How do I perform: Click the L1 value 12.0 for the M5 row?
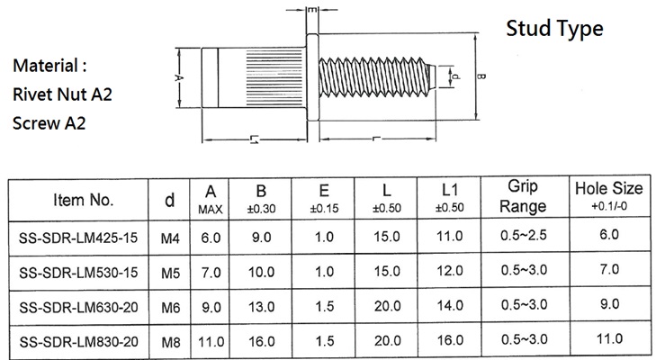(x=450, y=271)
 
